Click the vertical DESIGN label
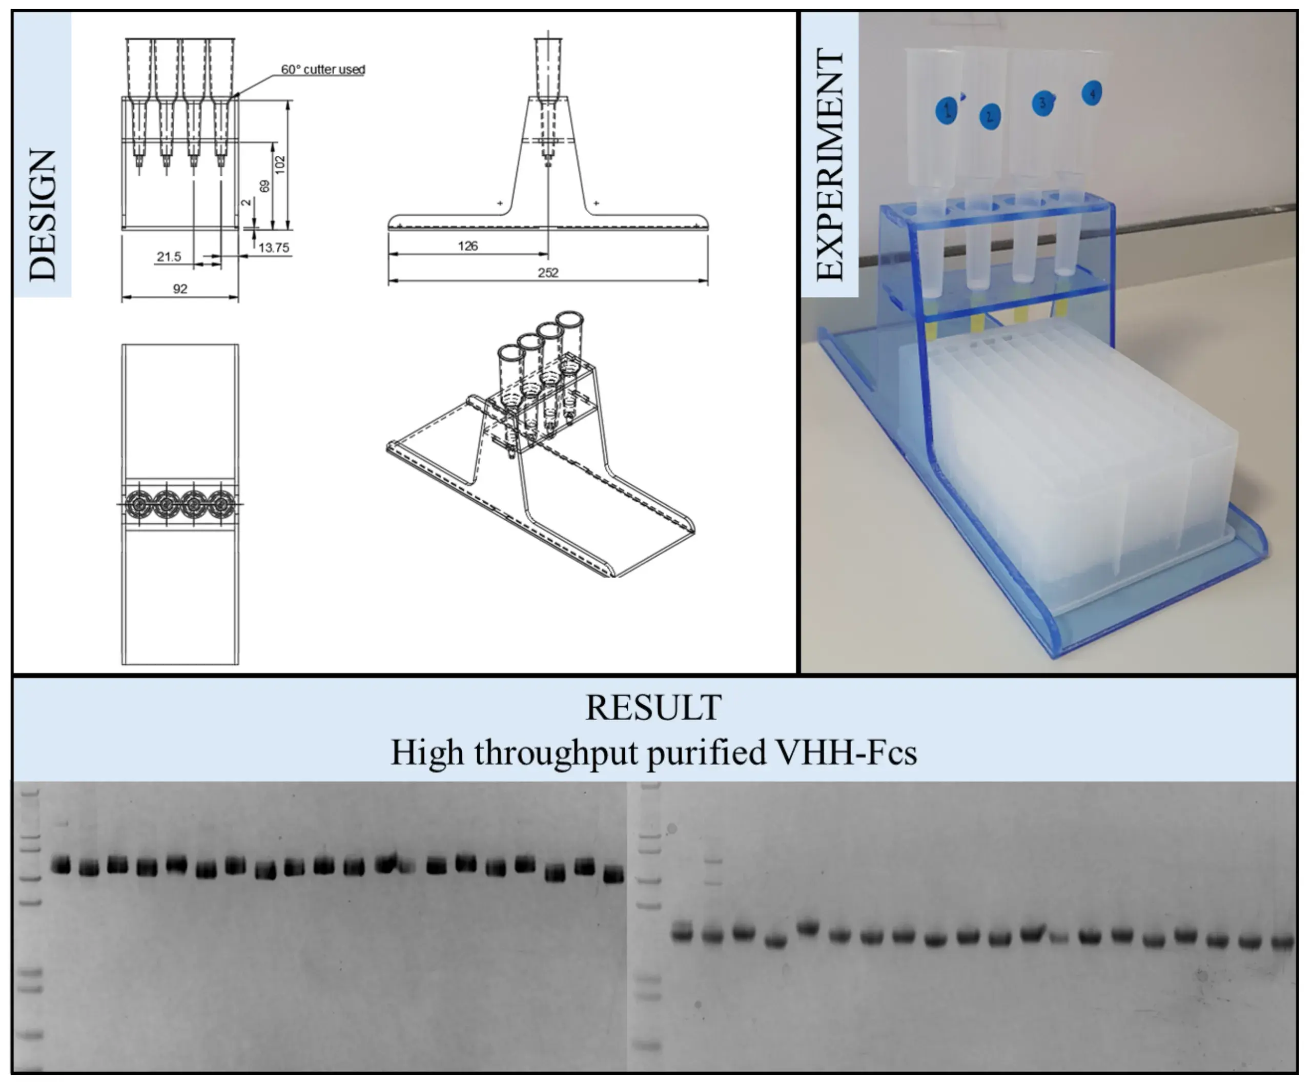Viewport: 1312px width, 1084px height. point(43,215)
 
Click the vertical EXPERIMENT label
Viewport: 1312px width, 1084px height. point(831,163)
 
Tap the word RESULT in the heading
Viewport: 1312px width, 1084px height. point(653,707)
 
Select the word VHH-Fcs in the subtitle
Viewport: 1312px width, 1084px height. point(846,752)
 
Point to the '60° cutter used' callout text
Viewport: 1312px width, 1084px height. point(323,69)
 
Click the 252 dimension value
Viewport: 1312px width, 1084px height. point(548,272)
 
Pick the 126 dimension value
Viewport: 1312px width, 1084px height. point(468,246)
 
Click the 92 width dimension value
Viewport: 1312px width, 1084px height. point(180,289)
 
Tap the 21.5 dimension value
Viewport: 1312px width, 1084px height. point(169,256)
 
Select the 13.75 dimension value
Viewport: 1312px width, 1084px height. point(274,248)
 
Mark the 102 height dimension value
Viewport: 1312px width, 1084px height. point(279,165)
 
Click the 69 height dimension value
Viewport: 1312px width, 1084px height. point(265,186)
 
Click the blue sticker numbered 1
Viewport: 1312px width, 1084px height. point(947,111)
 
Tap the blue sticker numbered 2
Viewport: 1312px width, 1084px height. point(989,116)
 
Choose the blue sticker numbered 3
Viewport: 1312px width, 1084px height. point(1042,103)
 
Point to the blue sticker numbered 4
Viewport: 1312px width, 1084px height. point(1092,94)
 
